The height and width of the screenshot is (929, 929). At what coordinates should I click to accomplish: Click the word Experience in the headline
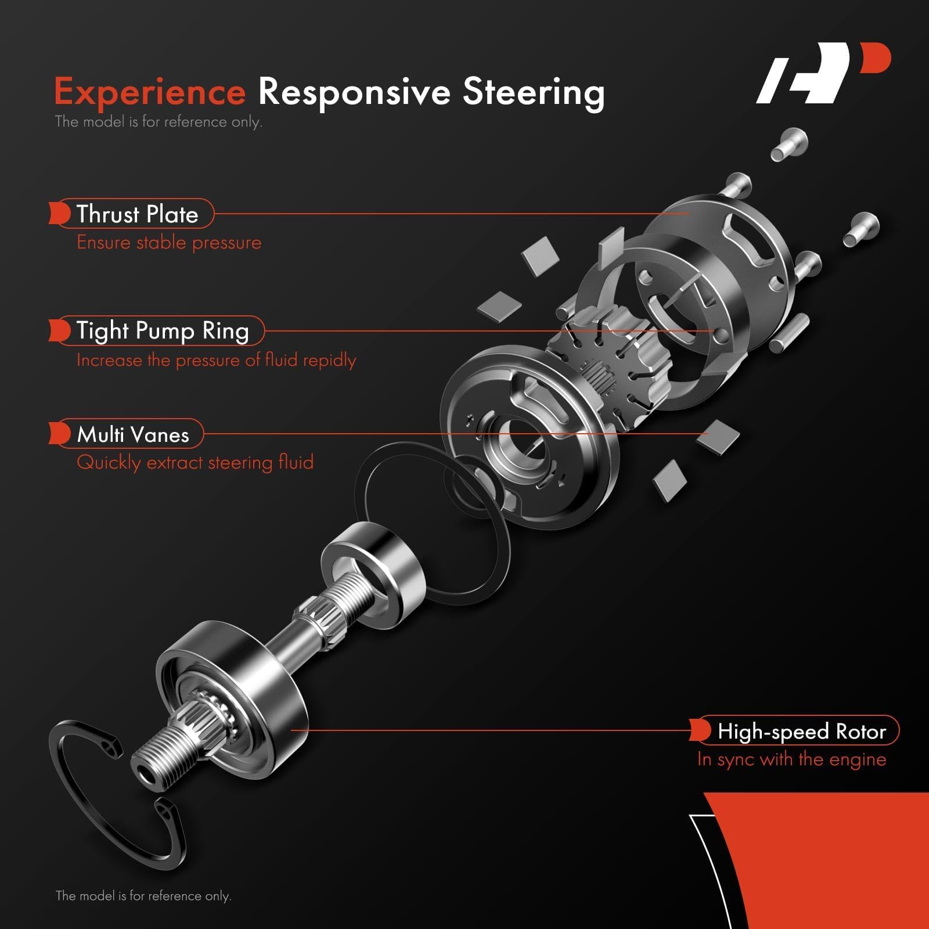point(150,92)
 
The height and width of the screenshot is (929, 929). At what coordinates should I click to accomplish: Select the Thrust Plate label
point(137,214)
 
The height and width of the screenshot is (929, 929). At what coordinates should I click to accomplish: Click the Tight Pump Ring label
point(163,330)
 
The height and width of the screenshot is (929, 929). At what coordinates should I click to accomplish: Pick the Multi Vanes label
point(133,434)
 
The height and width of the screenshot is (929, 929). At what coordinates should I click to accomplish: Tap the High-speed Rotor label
point(801,731)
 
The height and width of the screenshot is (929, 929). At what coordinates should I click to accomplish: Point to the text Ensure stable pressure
point(169,242)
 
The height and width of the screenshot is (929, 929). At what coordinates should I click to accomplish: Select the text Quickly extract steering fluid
point(195,462)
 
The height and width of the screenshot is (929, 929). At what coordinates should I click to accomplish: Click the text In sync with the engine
point(791,759)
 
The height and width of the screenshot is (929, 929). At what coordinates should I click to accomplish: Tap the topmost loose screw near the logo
point(790,142)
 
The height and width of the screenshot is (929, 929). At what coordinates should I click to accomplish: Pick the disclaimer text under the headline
point(158,122)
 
